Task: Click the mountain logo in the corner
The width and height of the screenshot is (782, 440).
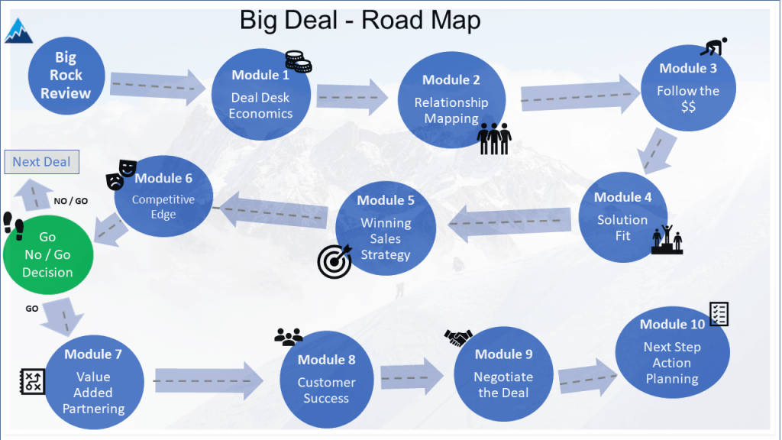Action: pos(18,30)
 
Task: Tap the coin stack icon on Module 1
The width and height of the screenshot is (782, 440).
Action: pos(297,62)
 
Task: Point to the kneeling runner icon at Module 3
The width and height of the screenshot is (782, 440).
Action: pos(713,47)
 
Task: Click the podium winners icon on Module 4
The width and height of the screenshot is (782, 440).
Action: pos(667,238)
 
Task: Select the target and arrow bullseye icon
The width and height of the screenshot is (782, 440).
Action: pos(334,260)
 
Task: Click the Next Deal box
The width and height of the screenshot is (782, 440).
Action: pos(41,162)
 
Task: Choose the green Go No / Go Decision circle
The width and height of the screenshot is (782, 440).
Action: pos(47,254)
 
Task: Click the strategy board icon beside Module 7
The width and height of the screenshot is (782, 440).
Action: pos(31,381)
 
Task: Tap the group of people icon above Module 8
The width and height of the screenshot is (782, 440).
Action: pos(289,336)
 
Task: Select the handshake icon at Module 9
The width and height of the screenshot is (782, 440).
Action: pos(458,337)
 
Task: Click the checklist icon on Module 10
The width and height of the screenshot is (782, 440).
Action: pos(719,313)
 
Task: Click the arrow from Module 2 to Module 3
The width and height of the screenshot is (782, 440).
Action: pos(580,95)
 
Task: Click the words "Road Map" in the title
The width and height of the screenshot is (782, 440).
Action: pos(421,19)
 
